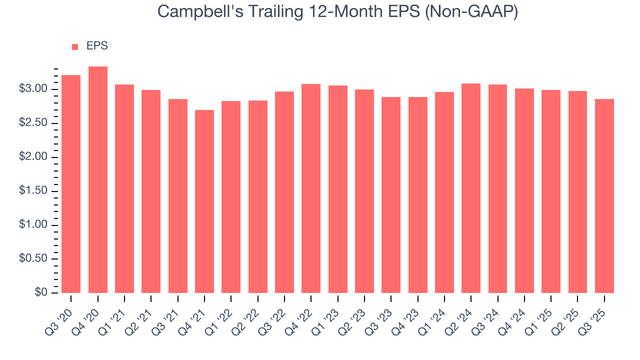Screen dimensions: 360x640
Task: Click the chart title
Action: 337,12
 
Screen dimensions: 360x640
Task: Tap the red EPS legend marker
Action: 75,46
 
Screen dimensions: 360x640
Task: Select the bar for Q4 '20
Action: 97,180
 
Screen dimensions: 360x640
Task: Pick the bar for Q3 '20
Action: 71,184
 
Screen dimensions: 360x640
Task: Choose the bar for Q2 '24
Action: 471,188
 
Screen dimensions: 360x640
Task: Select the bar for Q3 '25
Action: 604,196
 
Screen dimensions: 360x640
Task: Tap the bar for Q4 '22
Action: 311,188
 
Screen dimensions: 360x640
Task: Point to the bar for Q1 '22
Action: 231,197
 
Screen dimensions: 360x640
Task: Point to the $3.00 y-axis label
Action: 33,89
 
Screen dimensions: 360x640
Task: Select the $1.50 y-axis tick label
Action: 33,191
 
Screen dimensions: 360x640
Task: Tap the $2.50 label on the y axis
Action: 33,123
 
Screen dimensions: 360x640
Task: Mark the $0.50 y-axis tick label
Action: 33,258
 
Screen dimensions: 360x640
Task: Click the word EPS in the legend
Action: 97,46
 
